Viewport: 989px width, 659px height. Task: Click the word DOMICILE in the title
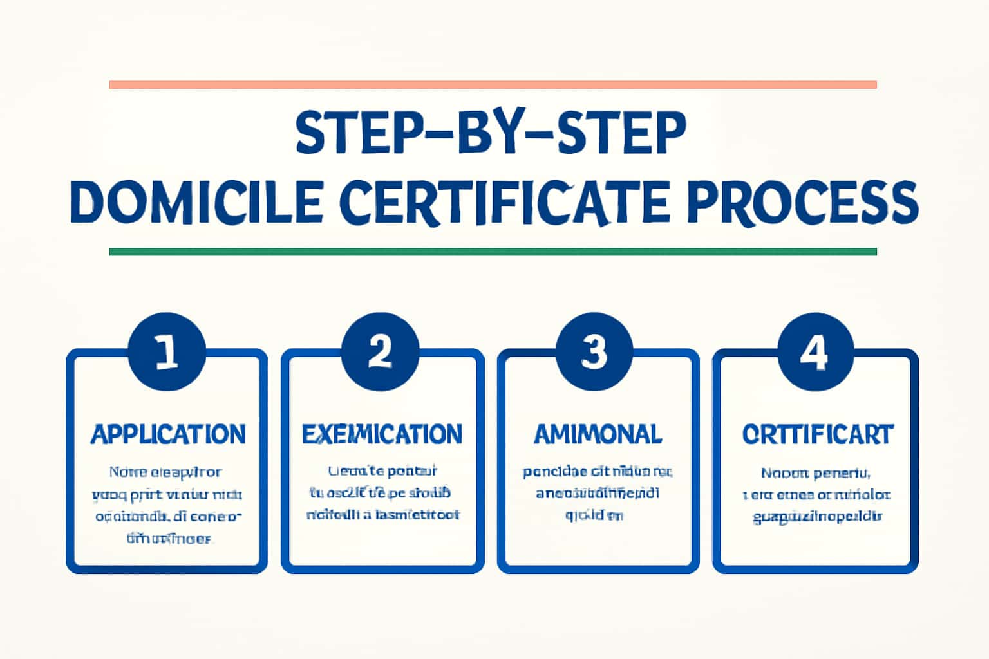pyautogui.click(x=196, y=201)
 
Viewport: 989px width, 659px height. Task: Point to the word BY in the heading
pyautogui.click(x=493, y=133)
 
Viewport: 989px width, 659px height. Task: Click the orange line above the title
pyautogui.click(x=493, y=85)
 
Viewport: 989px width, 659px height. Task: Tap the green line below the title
pyautogui.click(x=493, y=252)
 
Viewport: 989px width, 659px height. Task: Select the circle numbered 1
pyautogui.click(x=167, y=353)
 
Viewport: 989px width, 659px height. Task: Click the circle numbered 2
pyautogui.click(x=381, y=353)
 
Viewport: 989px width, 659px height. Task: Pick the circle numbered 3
pyautogui.click(x=594, y=353)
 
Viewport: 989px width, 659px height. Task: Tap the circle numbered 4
pyautogui.click(x=815, y=353)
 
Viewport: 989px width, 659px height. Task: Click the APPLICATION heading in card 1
pyautogui.click(x=168, y=434)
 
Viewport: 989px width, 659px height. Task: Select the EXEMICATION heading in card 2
pyautogui.click(x=382, y=434)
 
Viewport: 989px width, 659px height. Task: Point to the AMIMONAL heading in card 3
pyautogui.click(x=598, y=434)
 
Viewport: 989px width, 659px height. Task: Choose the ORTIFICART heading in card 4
pyautogui.click(x=818, y=434)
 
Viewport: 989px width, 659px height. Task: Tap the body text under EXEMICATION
pyautogui.click(x=382, y=493)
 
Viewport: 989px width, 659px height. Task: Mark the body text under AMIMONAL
pyautogui.click(x=597, y=493)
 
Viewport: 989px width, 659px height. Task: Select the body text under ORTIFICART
pyautogui.click(x=816, y=494)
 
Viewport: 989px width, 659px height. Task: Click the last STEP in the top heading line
pyautogui.click(x=621, y=133)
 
